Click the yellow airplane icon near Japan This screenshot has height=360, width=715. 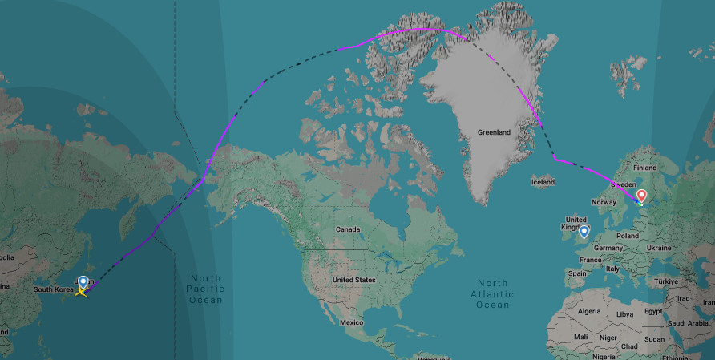click(x=81, y=291)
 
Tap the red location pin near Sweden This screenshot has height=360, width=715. click(x=640, y=196)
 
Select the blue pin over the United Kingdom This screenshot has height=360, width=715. click(x=584, y=232)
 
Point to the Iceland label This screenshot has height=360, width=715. click(x=543, y=182)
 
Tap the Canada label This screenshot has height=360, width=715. click(x=348, y=229)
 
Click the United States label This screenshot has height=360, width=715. click(x=353, y=280)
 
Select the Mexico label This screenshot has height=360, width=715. click(x=351, y=322)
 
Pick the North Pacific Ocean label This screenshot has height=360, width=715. click(x=205, y=289)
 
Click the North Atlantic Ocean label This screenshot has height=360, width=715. click(x=492, y=293)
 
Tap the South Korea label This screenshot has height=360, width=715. click(x=53, y=289)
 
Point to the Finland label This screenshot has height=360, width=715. click(x=644, y=168)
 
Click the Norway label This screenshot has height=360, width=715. click(x=604, y=202)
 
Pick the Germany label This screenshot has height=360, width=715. click(x=609, y=248)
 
